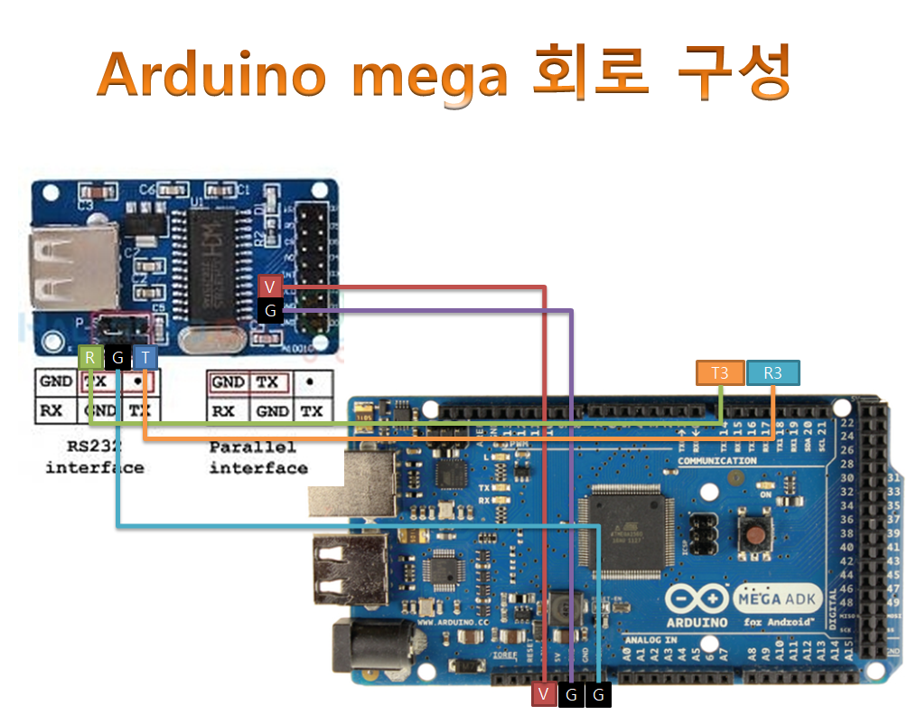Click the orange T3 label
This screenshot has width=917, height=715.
point(719,372)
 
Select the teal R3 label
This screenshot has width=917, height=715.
point(772,372)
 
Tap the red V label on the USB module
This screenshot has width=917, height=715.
point(270,287)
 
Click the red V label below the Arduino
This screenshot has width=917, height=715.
point(543,694)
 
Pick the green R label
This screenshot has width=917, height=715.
point(90,357)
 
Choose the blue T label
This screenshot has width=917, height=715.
point(145,357)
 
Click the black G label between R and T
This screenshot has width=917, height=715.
point(117,357)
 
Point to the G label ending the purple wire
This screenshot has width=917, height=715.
point(571,694)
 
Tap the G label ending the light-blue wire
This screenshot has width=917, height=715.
point(598,694)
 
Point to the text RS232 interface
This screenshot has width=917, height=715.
point(94,457)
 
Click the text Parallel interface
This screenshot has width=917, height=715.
point(257,457)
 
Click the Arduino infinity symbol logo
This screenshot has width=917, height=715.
point(697,600)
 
